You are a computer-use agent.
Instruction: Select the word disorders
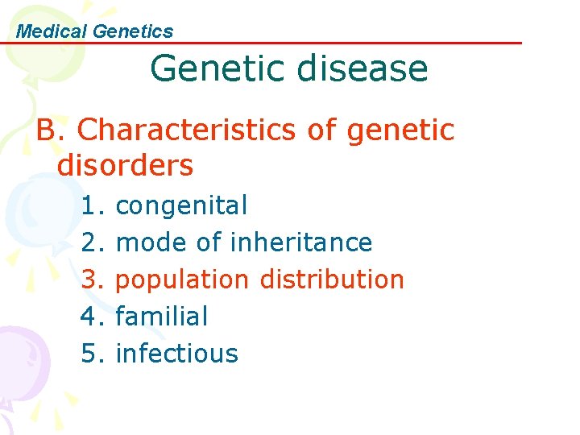126,166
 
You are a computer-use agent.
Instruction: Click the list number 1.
92,206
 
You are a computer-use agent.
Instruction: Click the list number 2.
92,242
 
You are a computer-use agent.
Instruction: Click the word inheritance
301,242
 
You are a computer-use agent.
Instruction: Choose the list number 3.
92,280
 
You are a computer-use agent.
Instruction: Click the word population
183,280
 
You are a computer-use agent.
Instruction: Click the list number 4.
92,317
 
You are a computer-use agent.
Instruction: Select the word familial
162,317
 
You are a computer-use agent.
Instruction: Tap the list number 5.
92,354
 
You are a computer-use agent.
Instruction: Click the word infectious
177,354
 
